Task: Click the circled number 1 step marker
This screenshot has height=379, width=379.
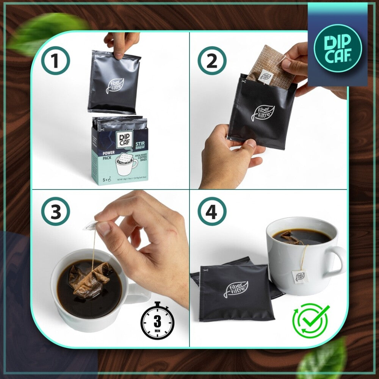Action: tap(55, 61)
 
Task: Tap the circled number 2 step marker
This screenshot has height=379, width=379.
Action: tap(212, 61)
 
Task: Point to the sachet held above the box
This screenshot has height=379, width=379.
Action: tap(114, 81)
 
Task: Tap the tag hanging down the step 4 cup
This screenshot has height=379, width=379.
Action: tap(300, 276)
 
